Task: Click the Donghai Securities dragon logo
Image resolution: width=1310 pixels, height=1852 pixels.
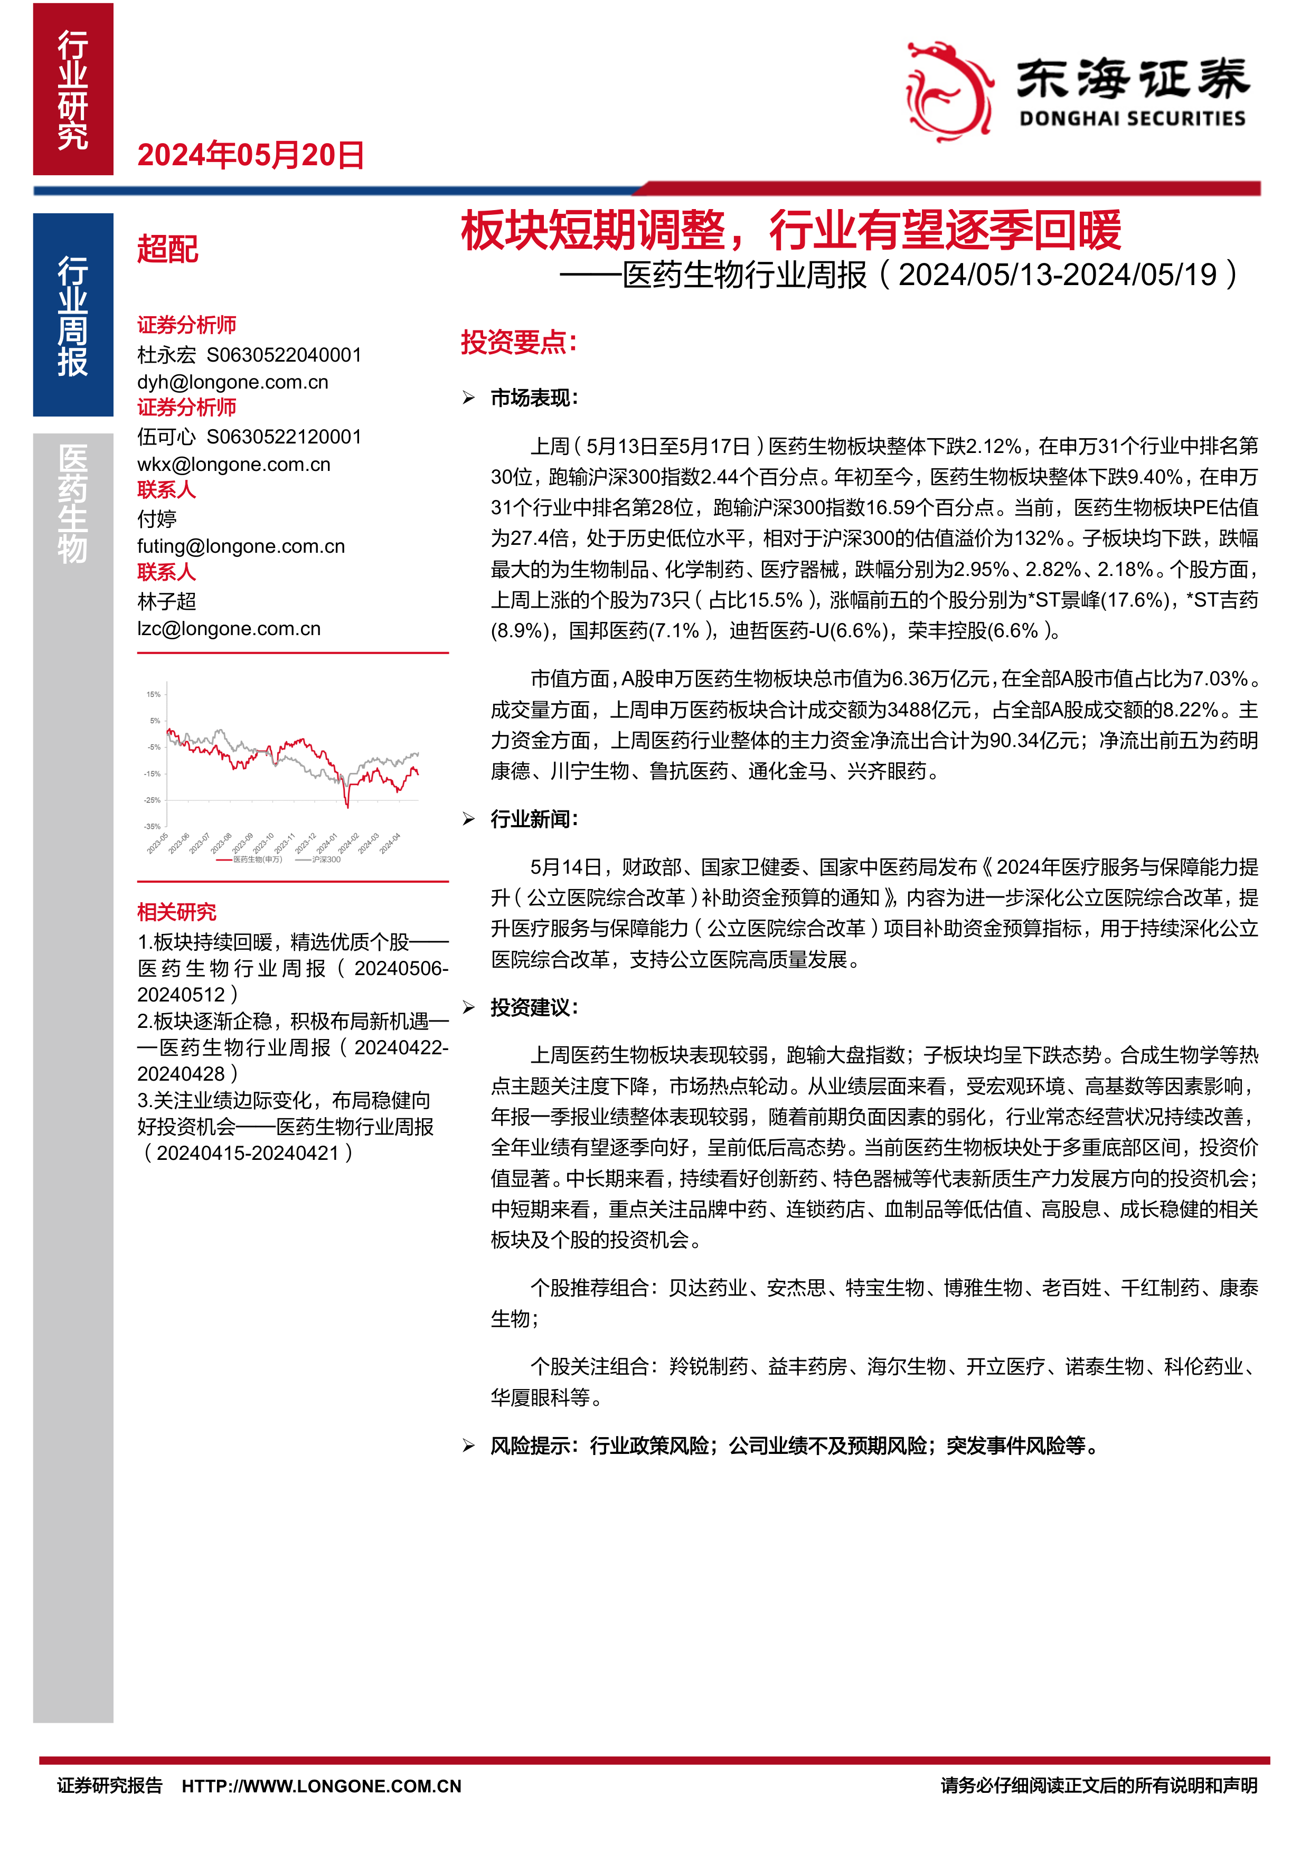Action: click(x=949, y=91)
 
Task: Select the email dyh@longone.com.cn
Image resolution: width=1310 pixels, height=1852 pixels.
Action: click(x=232, y=382)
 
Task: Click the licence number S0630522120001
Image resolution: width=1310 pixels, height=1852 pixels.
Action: click(x=284, y=437)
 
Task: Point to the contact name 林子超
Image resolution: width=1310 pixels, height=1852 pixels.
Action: click(x=167, y=601)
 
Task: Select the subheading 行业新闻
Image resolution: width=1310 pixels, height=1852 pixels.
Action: click(x=534, y=819)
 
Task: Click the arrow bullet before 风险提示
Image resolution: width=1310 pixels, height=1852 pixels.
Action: click(x=469, y=1445)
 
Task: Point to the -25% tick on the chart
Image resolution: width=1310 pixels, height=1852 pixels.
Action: click(x=153, y=800)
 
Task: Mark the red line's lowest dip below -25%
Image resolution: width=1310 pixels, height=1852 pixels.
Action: click(x=347, y=806)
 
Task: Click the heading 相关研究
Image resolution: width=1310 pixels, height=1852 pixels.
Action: click(x=177, y=912)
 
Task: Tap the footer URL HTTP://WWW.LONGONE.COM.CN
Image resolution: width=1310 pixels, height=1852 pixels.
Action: click(x=321, y=1786)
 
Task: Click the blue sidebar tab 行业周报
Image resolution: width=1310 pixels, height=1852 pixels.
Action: click(x=72, y=315)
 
